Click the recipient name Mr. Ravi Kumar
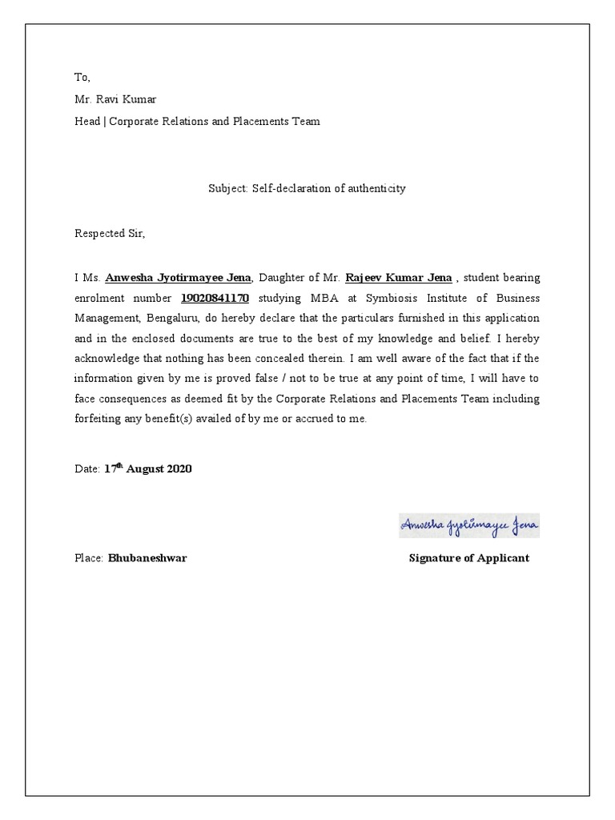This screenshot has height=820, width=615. click(x=115, y=99)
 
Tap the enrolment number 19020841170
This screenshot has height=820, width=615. click(x=215, y=299)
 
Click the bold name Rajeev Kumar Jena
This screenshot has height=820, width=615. click(x=399, y=278)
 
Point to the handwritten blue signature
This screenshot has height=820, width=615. click(x=469, y=525)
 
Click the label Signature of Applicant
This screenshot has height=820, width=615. click(x=468, y=558)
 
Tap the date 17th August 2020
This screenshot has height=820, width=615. click(x=148, y=468)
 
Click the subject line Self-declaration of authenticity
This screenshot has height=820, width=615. click(x=307, y=189)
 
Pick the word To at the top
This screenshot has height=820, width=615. click(x=82, y=78)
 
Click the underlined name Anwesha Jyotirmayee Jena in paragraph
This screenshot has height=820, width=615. click(x=178, y=278)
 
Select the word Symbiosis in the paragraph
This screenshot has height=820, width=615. click(x=383, y=299)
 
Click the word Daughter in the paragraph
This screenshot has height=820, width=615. click(x=283, y=278)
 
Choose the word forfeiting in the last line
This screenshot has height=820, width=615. click(x=98, y=419)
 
